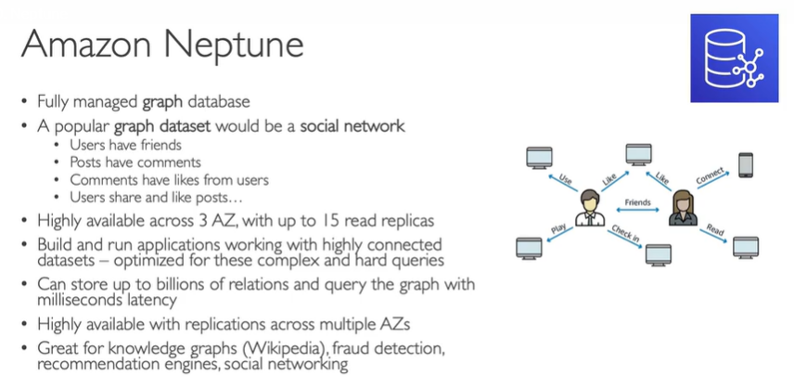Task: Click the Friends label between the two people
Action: [x=637, y=200]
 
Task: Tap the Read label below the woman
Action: [x=714, y=229]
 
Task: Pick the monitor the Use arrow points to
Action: [x=538, y=159]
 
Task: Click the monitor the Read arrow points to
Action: [x=745, y=246]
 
